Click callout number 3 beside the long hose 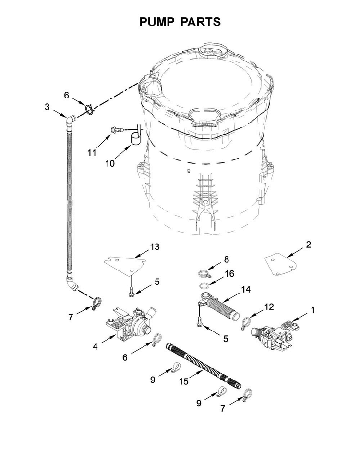tap(47, 107)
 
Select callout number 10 tap(110, 163)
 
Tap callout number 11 tap(92, 153)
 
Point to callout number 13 tap(154, 247)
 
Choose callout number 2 tap(308, 245)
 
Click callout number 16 tap(229, 274)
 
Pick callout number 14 tap(246, 290)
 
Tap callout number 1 tap(313, 310)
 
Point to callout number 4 tap(96, 346)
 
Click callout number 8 tap(226, 260)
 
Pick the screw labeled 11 tap(117, 129)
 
